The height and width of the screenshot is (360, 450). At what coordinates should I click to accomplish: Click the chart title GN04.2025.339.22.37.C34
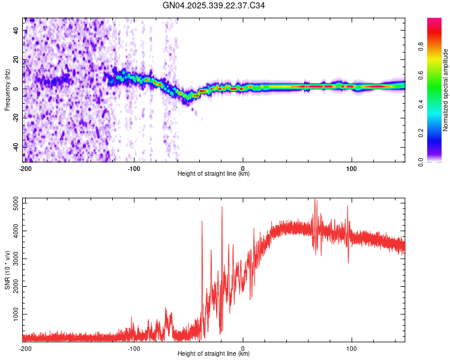pos(214,6)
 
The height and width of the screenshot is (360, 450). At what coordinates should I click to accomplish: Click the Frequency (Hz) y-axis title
pos(7,90)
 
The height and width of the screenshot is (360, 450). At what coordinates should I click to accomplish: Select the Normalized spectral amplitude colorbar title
pos(446,90)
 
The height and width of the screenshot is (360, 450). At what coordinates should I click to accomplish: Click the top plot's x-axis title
pos(214,174)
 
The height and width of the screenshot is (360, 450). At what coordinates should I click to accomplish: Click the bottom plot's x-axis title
pos(214,354)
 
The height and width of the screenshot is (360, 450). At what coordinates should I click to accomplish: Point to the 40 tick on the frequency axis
pos(16,31)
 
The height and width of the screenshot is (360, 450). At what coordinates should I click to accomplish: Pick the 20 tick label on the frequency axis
pos(16,60)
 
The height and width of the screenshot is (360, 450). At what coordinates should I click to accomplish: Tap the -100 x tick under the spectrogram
pos(134,167)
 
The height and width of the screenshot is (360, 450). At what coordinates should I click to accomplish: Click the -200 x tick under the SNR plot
pos(25,347)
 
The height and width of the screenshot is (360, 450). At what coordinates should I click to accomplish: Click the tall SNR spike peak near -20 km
pos(222,207)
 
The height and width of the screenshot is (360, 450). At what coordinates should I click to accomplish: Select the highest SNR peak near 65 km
pos(315,200)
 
